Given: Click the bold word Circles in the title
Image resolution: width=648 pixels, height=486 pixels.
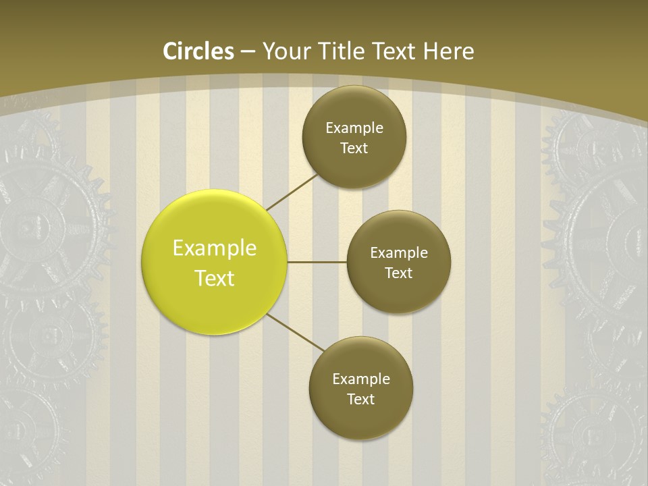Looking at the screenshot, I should coord(198,51).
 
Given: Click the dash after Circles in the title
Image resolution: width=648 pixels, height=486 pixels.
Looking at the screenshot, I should coord(248,52).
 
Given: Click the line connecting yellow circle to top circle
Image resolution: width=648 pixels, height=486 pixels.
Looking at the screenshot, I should coord(291,192).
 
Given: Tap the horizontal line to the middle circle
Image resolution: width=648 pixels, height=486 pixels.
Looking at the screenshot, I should coord(317,262).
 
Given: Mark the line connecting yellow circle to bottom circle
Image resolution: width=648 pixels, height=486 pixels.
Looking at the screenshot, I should coord(296,332).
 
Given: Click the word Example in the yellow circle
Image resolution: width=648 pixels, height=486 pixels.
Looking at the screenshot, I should coord(215,248).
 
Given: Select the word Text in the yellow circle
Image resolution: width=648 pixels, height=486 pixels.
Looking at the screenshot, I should coord(215,278).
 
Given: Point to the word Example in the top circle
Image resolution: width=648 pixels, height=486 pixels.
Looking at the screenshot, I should coord(354,128).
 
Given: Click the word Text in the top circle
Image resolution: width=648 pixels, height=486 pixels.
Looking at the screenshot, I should coord(354,148).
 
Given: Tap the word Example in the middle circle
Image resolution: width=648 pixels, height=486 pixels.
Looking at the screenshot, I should coord(399,253).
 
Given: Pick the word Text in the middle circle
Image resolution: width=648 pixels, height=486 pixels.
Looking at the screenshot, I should coord(398,273).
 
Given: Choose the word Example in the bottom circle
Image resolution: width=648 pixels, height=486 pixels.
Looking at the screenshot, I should coord(361,379).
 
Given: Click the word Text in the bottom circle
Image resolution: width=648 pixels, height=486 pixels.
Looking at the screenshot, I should coord(360,400).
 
